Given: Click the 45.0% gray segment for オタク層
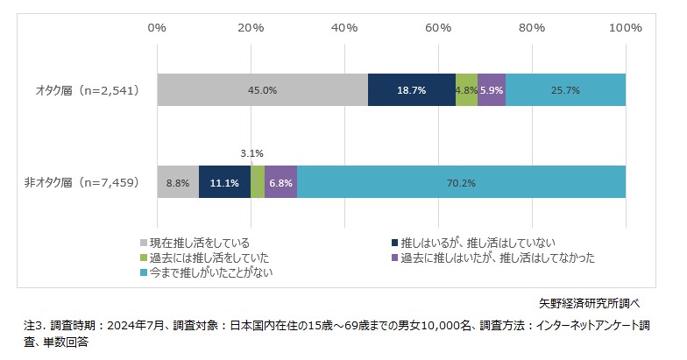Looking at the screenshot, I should tap(262, 89).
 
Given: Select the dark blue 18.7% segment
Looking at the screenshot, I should tap(411, 89).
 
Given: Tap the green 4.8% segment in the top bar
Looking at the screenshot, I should tap(466, 89).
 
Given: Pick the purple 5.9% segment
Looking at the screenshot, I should tap(492, 89).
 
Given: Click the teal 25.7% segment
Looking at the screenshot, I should tap(565, 89).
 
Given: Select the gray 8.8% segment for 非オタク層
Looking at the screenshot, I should tap(178, 183).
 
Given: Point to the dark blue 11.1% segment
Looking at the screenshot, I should tap(224, 183).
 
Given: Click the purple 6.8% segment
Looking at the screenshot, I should tap(280, 183).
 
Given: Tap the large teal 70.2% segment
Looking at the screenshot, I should tap(461, 183).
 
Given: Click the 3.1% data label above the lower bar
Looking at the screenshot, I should tap(251, 153).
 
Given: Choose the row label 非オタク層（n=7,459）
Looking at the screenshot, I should tap(80, 183).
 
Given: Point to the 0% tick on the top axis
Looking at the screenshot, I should tap(157, 27).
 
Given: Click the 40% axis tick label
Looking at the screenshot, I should tap(344, 27).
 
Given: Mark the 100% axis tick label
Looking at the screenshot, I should tap(626, 27).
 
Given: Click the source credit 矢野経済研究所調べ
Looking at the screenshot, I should tap(589, 303).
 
